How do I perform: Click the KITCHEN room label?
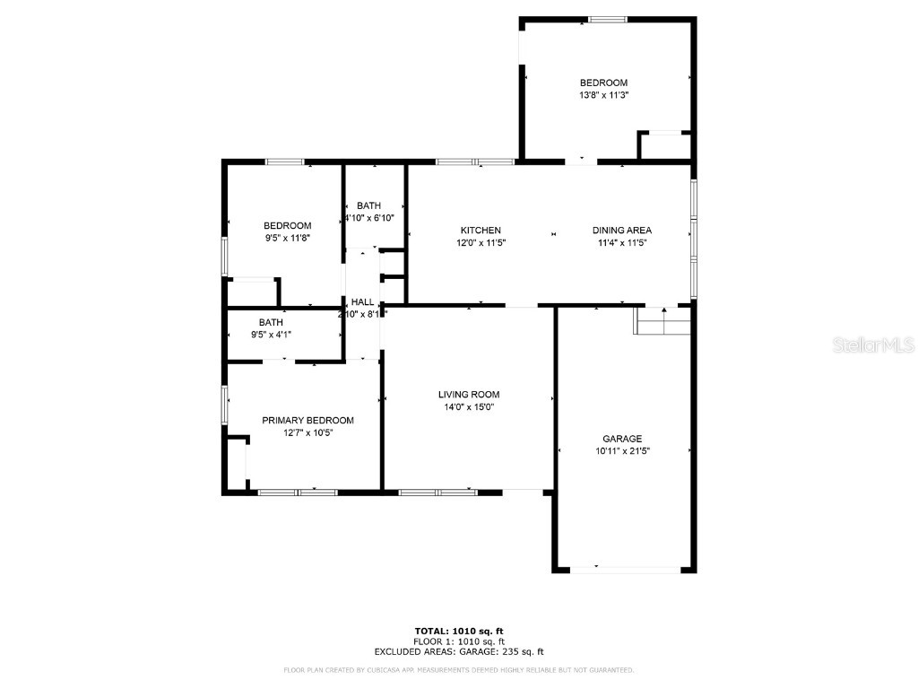coord(481,231)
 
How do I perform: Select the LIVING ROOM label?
coord(468,395)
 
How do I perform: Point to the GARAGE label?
coord(621,439)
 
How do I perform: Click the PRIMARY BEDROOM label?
coord(307,420)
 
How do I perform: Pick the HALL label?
coord(362,302)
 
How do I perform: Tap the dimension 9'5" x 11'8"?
coord(287,238)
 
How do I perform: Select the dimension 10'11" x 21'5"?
coord(621,451)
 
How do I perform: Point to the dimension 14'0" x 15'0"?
coord(468,406)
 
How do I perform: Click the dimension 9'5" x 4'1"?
coord(271,335)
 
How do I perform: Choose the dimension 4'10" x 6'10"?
coord(369,218)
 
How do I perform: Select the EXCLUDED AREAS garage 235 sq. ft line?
coord(459,652)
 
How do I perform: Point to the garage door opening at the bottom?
coord(625,569)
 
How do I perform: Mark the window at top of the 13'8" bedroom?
coord(608,19)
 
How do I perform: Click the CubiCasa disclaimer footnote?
coord(459,670)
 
